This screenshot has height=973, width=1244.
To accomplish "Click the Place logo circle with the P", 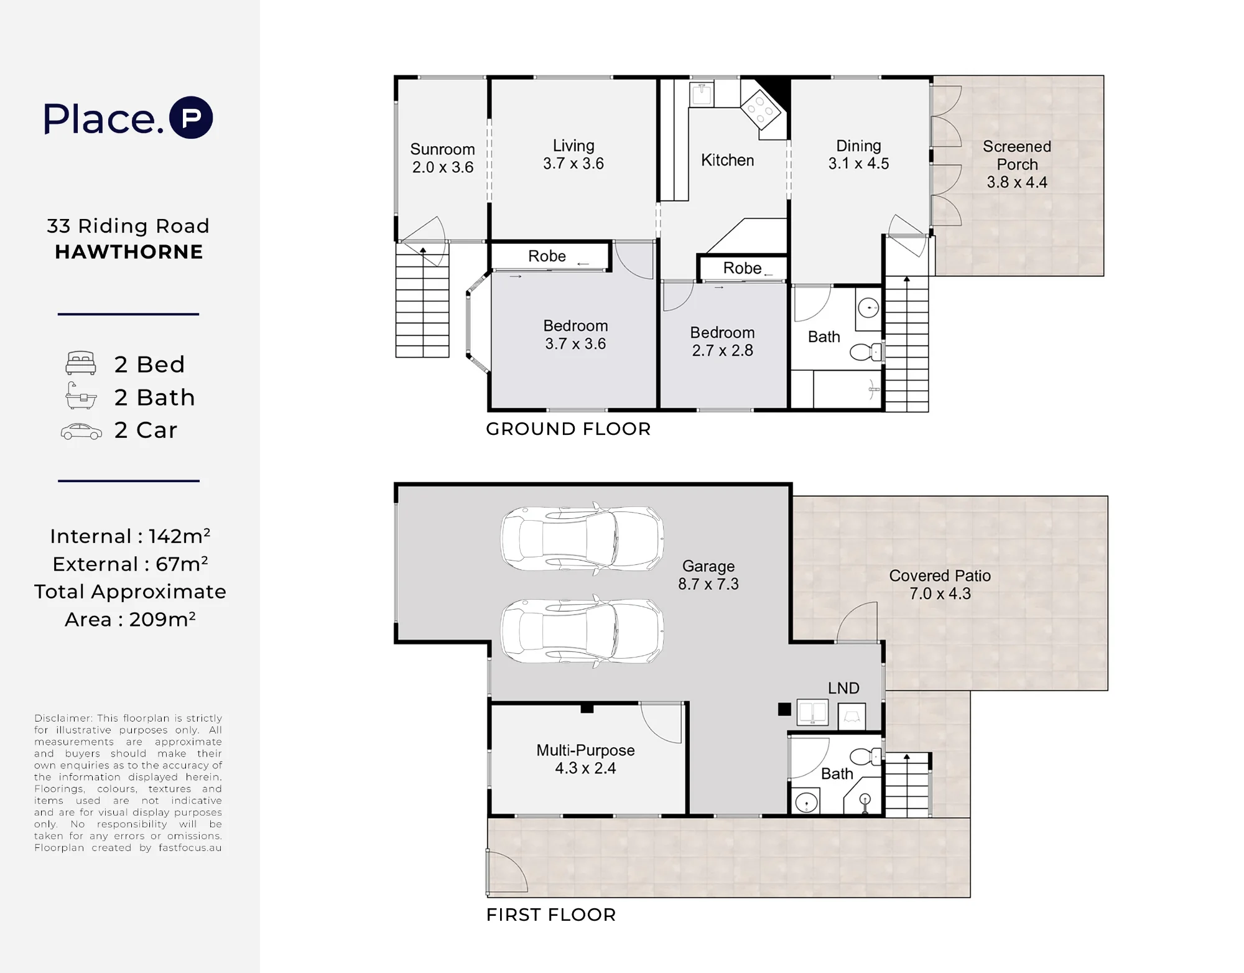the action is (x=191, y=118).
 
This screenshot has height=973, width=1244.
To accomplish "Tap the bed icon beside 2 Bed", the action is (x=81, y=363).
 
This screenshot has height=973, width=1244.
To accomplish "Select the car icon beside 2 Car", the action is (x=81, y=431).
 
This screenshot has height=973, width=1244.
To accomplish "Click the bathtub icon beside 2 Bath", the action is (x=81, y=396).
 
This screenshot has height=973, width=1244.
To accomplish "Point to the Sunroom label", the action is (x=442, y=149).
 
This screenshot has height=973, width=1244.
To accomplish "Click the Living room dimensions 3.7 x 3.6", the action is (x=573, y=164).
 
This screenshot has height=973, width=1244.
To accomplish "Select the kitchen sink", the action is (x=702, y=95).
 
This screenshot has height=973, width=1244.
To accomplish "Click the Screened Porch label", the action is (x=1017, y=156).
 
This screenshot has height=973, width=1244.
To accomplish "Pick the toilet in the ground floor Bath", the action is (x=866, y=352).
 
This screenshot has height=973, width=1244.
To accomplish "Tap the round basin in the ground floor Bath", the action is (x=868, y=307).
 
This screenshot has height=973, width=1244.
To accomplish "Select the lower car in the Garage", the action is (x=582, y=631).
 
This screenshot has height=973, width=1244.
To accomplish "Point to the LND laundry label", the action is (x=843, y=688).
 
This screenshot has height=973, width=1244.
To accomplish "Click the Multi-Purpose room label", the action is (x=585, y=750).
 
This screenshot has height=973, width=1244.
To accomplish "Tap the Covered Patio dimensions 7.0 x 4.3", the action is (x=940, y=594).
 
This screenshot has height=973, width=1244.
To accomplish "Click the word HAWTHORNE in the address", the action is (x=129, y=252).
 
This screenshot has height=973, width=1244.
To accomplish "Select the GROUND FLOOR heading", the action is (x=568, y=429).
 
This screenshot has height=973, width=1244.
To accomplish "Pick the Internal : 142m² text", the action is (x=130, y=536).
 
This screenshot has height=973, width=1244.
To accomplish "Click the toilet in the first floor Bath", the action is (x=866, y=757).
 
